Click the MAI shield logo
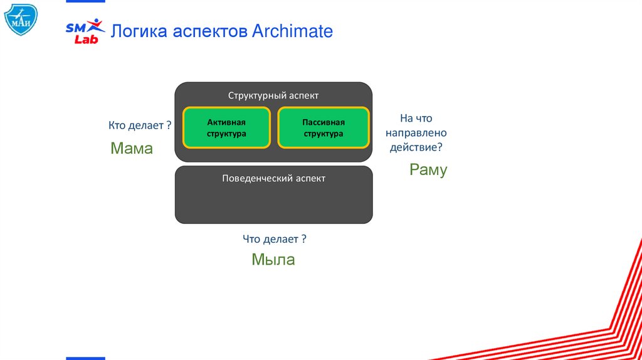pyautogui.click(x=21, y=19)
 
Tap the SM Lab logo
pyautogui.click(x=85, y=31)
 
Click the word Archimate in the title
pyautogui.click(x=292, y=31)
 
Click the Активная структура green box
pyautogui.click(x=226, y=127)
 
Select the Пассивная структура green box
pyautogui.click(x=323, y=127)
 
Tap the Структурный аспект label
pyautogui.click(x=273, y=95)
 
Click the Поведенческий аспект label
pyautogui.click(x=273, y=178)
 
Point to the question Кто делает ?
pyautogui.click(x=140, y=125)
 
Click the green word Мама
pyautogui.click(x=132, y=149)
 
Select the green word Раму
pyautogui.click(x=428, y=169)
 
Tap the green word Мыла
pyautogui.click(x=273, y=260)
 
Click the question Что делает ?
pyautogui.click(x=274, y=239)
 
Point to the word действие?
pyautogui.click(x=416, y=147)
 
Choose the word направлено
pyautogui.click(x=416, y=133)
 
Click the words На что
pyautogui.click(x=416, y=118)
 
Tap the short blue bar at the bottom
pyautogui.click(x=86, y=357)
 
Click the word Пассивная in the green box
pyautogui.click(x=323, y=122)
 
